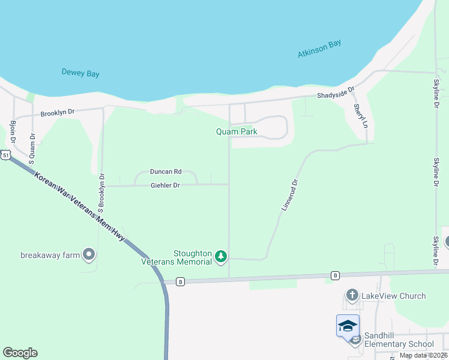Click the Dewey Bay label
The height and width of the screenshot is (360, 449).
pos(80,73)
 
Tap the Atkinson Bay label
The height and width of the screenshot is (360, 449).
pos(319,49)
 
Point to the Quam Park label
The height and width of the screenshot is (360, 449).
pos(237,131)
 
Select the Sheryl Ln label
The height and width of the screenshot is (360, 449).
pos(359,116)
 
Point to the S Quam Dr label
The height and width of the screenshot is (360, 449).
pos(32,144)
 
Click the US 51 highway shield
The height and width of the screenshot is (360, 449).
pos(5,155)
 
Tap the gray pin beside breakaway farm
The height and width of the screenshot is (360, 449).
pos(89,255)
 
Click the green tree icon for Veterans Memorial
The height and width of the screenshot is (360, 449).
pos(221,257)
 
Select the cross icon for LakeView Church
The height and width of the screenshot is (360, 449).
pos(352,296)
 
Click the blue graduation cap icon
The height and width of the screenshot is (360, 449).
pos(348,326)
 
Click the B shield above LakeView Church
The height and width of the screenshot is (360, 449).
pos(336,275)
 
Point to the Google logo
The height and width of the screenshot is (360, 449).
pos(20,353)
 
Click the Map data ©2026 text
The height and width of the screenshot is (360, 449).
pos(423,355)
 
